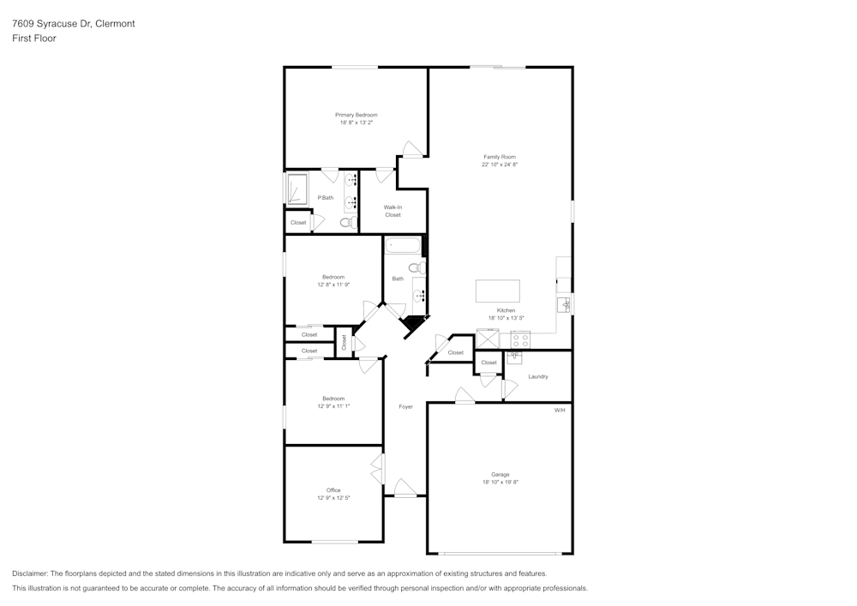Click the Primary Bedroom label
[356, 115]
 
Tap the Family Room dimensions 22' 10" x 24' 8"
[500, 165]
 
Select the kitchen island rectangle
[498, 291]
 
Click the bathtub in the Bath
[402, 247]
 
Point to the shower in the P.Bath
[297, 189]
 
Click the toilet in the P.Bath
[346, 222]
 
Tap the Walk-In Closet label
[393, 211]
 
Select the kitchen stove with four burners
[520, 339]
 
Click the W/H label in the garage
[560, 411]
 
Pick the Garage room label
[500, 474]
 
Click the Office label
[333, 490]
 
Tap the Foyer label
[405, 406]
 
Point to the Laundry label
[537, 376]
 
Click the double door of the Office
[377, 470]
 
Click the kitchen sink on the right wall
[564, 304]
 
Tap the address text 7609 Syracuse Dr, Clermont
[73, 24]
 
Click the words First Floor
[34, 39]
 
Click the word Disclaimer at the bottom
[30, 573]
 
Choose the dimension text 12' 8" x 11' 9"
[333, 285]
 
